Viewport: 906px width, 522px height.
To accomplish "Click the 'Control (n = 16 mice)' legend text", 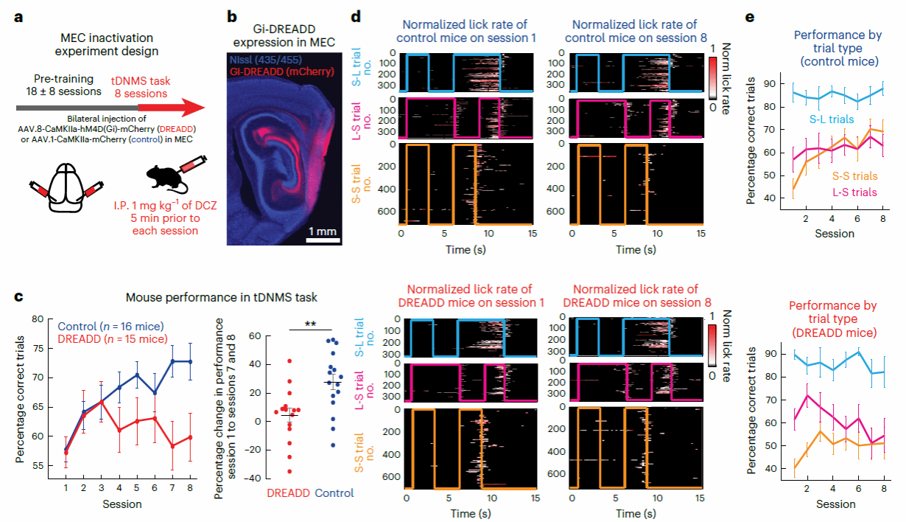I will click(x=110, y=326).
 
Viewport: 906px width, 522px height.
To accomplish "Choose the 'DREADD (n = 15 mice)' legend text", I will click(x=110, y=340).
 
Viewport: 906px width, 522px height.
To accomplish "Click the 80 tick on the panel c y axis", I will click(x=41, y=319).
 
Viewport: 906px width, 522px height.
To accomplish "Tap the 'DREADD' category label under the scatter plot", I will click(x=287, y=493).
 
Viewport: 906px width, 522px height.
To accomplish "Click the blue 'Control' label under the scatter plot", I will click(x=334, y=493).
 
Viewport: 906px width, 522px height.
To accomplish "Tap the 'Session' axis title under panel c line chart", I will click(x=122, y=504).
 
